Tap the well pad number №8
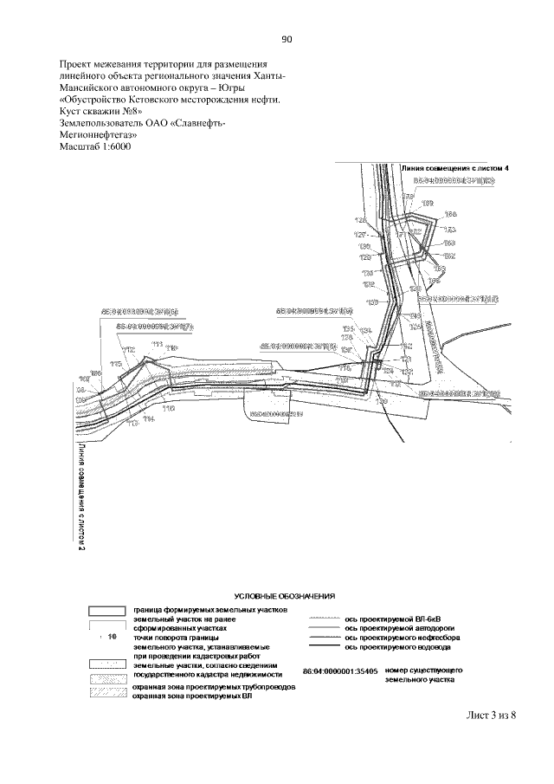[128, 112]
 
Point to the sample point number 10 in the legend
[113, 637]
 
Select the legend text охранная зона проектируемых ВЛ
[192, 696]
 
